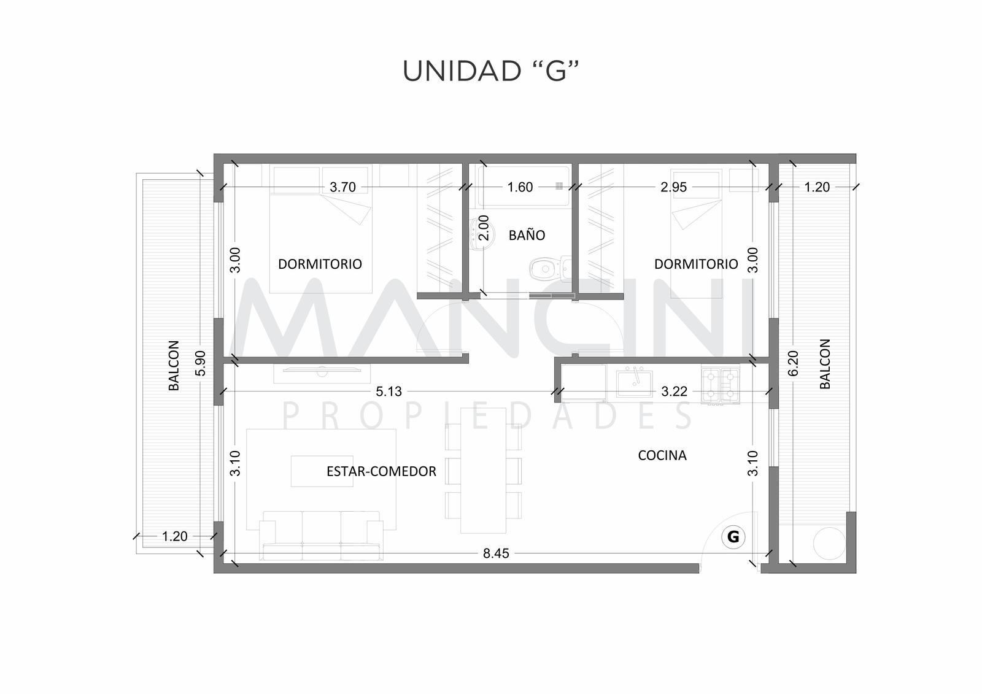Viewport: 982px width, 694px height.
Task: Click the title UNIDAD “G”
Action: pyautogui.click(x=491, y=71)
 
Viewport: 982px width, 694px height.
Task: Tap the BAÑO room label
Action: pyautogui.click(x=527, y=236)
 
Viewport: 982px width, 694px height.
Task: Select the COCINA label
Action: pyautogui.click(x=662, y=455)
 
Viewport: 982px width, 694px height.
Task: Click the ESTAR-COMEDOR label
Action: pyautogui.click(x=381, y=471)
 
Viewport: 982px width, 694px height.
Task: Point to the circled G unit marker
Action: pyautogui.click(x=733, y=537)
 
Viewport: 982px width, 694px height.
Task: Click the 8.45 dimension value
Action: pyautogui.click(x=496, y=553)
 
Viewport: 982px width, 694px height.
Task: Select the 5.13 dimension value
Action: pyautogui.click(x=389, y=391)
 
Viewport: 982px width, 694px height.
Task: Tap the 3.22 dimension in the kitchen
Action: pyautogui.click(x=674, y=391)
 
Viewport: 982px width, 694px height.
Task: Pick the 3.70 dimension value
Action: pyautogui.click(x=342, y=187)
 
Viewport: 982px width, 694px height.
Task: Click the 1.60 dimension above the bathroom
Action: pyautogui.click(x=520, y=187)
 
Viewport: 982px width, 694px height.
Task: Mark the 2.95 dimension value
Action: pyautogui.click(x=673, y=187)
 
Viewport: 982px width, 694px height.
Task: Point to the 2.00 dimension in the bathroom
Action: pyautogui.click(x=484, y=228)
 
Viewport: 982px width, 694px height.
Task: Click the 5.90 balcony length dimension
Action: pyautogui.click(x=200, y=363)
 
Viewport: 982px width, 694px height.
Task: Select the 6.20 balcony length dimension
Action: pyautogui.click(x=793, y=363)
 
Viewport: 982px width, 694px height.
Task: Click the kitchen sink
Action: pyautogui.click(x=635, y=383)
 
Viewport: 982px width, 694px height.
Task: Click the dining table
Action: pyautogui.click(x=483, y=471)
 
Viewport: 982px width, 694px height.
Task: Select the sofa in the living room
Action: pyautogui.click(x=321, y=536)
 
